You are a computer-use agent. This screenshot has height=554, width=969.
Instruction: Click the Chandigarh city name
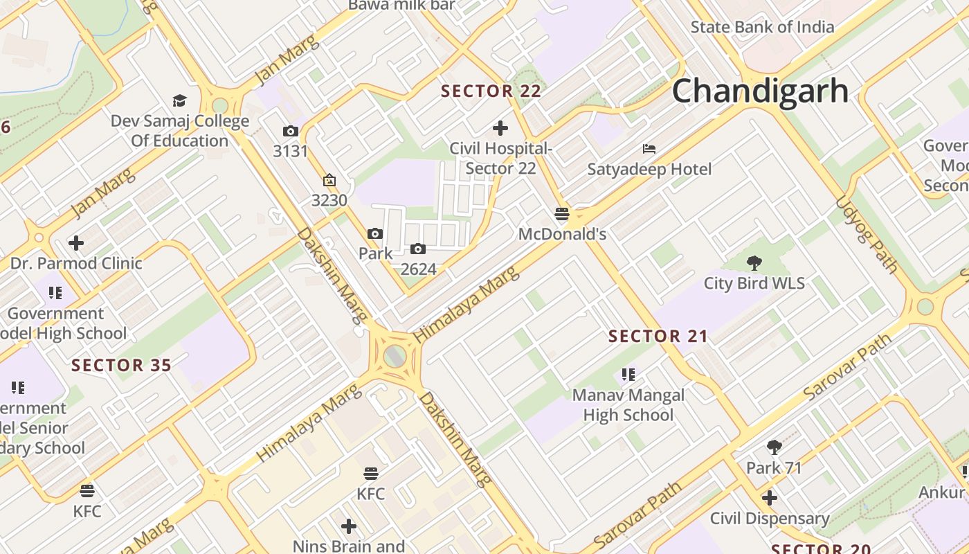(x=760, y=91)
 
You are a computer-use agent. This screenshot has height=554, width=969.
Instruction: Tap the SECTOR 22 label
(x=491, y=91)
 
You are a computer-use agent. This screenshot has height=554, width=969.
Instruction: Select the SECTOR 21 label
(x=658, y=337)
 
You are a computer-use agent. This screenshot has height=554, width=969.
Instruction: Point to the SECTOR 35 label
(x=121, y=365)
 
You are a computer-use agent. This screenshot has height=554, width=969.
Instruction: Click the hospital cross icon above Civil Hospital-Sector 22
(x=500, y=128)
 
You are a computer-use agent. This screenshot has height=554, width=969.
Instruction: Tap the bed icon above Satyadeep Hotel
(x=649, y=149)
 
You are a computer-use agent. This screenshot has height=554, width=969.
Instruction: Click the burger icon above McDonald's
(x=562, y=214)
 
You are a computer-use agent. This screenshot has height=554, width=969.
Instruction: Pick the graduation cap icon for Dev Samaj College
(x=180, y=101)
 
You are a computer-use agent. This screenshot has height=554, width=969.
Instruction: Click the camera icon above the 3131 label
(x=290, y=131)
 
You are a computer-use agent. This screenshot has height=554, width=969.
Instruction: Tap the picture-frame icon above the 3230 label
(x=329, y=181)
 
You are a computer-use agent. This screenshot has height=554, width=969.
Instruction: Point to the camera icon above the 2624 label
(x=417, y=249)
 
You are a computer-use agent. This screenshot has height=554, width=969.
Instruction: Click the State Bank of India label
(x=762, y=27)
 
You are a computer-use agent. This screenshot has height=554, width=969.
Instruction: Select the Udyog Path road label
(x=867, y=234)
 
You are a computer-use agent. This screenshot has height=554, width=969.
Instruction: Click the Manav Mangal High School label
(x=628, y=405)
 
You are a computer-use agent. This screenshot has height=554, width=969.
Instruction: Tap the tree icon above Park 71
(x=774, y=447)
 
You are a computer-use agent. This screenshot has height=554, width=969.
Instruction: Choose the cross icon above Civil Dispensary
(x=769, y=498)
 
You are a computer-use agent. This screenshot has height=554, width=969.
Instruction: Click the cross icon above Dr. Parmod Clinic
(x=76, y=243)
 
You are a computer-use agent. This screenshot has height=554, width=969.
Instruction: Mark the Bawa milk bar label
(x=401, y=6)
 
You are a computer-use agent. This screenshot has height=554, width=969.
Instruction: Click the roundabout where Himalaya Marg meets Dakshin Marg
(x=395, y=357)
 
